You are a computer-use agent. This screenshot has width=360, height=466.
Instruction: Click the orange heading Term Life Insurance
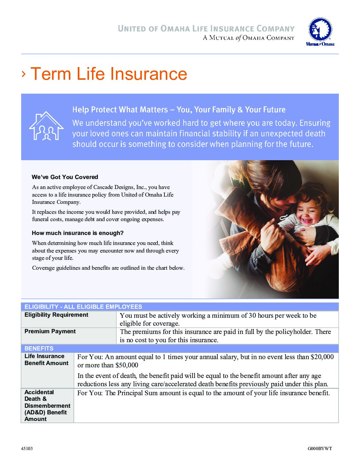(x=109, y=74)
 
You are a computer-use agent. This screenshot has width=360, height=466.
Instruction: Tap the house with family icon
(x=46, y=126)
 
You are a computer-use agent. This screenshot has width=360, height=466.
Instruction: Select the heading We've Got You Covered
(x=65, y=177)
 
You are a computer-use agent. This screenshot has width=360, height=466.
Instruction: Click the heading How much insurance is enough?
(x=77, y=233)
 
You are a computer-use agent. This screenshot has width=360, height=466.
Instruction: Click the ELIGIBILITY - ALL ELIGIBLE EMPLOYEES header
(x=83, y=307)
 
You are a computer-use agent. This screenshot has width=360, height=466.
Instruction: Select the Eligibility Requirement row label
(x=56, y=315)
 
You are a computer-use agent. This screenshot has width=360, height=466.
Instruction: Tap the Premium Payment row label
(x=50, y=331)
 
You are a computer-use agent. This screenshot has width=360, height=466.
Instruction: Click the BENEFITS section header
(x=39, y=349)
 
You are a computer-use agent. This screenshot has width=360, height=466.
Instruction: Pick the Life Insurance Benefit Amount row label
(x=46, y=360)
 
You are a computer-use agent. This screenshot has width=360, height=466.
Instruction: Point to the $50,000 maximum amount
(x=127, y=365)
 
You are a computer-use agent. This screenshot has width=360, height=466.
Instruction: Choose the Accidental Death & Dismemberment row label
(x=47, y=405)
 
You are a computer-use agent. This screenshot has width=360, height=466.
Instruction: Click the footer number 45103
(x=27, y=449)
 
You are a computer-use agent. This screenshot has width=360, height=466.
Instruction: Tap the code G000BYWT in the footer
(x=320, y=449)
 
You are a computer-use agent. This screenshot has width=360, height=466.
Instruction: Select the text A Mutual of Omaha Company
(x=248, y=38)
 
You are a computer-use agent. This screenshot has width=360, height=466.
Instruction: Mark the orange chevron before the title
(x=23, y=74)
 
